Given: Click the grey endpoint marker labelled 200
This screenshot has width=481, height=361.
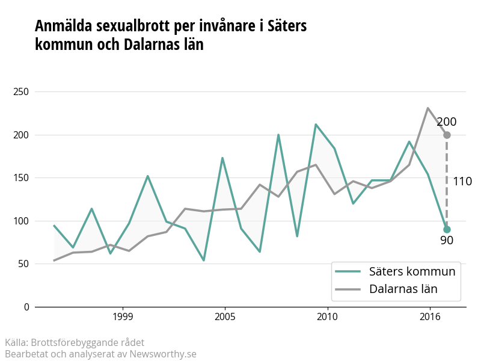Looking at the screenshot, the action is (447, 135).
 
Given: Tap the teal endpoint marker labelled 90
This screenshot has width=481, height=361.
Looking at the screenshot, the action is (447, 230).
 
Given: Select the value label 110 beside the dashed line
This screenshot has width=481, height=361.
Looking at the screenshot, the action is (462, 182).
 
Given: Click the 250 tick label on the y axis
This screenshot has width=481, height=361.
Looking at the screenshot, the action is (21, 92).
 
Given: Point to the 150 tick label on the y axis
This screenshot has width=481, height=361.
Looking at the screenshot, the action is (21, 177).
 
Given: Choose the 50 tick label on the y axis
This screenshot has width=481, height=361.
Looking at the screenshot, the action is (23, 264).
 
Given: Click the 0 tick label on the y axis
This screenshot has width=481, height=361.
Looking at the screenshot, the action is (26, 307).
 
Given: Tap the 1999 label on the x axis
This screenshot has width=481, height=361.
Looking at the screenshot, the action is (123, 316).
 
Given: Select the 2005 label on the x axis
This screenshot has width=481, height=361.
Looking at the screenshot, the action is (225, 316).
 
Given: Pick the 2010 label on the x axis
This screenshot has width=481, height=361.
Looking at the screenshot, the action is (327, 316).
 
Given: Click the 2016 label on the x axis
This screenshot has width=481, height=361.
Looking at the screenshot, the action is (430, 316).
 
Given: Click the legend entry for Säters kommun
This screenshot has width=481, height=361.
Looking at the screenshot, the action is (395, 271).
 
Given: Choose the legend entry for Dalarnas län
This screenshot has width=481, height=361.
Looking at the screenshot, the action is (386, 289).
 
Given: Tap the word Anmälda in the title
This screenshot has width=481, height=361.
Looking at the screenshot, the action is (64, 26).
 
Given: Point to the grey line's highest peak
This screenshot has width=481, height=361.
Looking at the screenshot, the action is (427, 108).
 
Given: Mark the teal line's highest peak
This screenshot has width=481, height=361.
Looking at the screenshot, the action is (316, 125).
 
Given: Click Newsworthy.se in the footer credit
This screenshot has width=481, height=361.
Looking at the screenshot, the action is (162, 354).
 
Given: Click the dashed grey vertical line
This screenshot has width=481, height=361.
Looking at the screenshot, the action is (447, 182).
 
